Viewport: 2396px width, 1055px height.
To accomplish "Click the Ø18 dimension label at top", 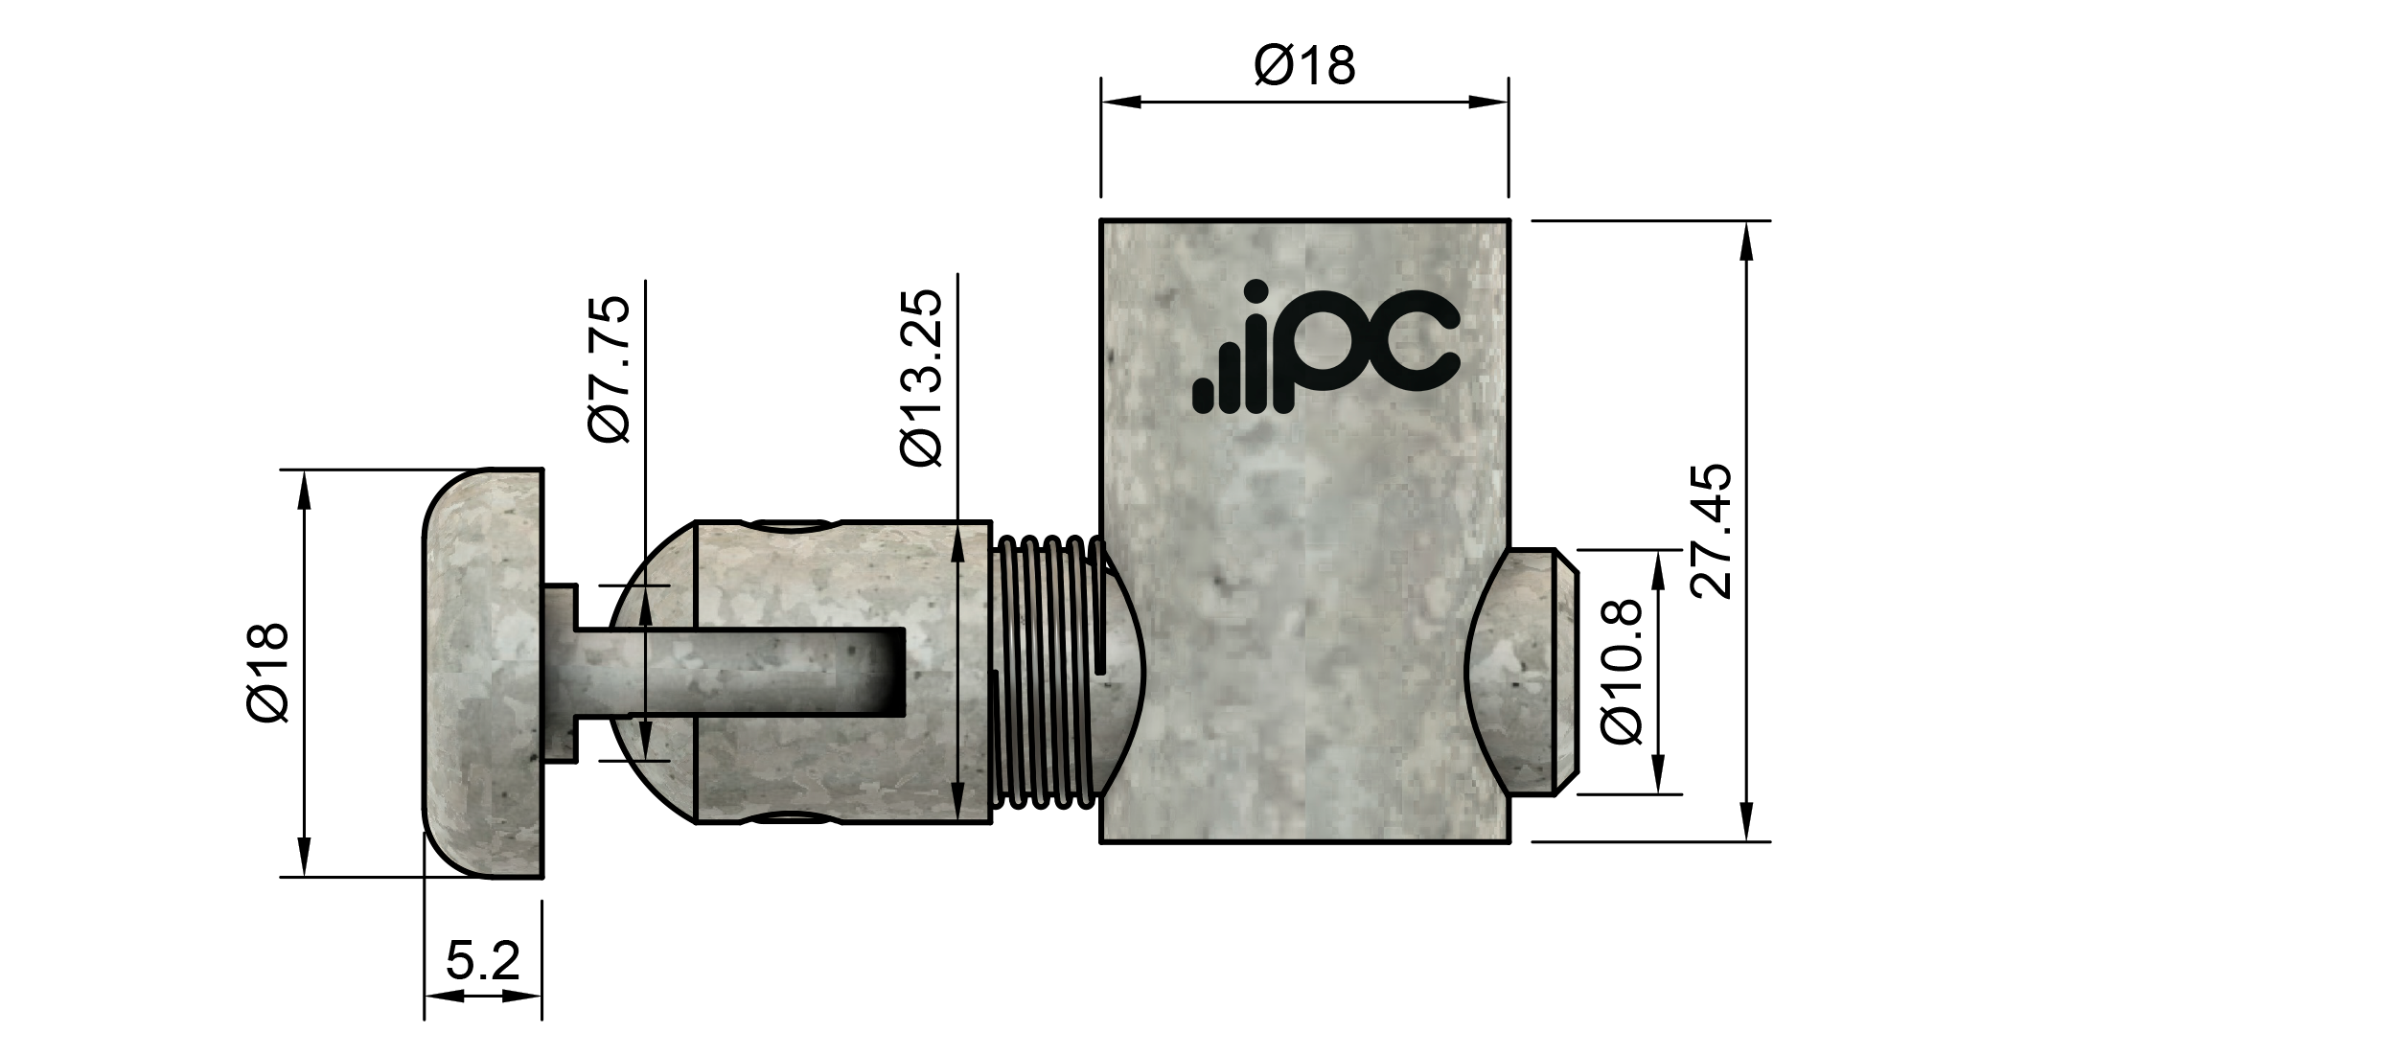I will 1304,66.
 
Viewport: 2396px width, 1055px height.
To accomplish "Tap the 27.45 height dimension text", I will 1712,532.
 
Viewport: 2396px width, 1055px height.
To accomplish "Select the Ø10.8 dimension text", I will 1623,673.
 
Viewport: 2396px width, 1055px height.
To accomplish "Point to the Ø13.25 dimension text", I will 923,378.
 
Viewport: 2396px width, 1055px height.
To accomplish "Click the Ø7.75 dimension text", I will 611,369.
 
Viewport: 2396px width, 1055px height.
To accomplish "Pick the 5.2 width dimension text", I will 483,961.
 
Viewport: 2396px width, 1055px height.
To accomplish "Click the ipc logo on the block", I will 1327,349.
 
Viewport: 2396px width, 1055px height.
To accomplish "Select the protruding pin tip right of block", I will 1524,672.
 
